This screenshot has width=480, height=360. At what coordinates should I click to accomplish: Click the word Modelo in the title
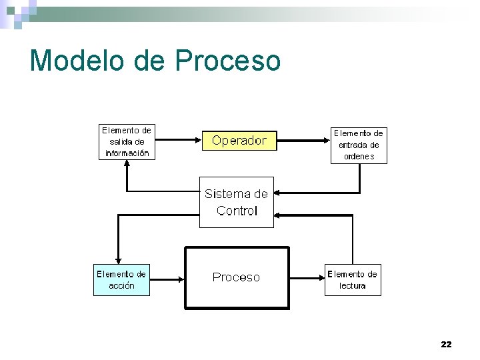click(x=77, y=60)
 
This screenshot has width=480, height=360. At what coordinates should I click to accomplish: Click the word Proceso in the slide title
click(x=228, y=60)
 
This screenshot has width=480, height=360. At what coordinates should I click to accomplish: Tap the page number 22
click(x=446, y=344)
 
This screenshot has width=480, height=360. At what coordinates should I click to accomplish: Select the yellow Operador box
click(x=239, y=141)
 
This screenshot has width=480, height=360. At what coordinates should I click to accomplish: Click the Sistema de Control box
click(x=237, y=202)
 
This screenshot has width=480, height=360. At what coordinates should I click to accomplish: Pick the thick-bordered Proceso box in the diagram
click(x=237, y=277)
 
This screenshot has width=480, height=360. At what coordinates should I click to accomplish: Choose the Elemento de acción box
click(x=121, y=280)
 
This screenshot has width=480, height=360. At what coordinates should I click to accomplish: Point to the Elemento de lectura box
click(x=352, y=280)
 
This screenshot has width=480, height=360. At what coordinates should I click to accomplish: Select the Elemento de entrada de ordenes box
click(x=359, y=145)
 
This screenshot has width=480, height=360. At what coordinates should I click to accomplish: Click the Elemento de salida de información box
click(x=127, y=141)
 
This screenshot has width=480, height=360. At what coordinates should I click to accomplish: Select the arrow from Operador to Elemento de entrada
click(x=303, y=140)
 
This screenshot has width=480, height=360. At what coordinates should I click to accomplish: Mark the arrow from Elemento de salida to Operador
click(x=177, y=141)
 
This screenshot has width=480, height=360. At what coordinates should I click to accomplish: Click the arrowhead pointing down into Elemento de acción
click(x=118, y=261)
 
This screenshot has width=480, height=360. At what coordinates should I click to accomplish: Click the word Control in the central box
click(x=237, y=211)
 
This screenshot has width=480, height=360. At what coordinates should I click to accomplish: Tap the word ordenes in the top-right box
click(x=359, y=157)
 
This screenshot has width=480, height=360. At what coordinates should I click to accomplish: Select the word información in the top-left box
click(x=127, y=153)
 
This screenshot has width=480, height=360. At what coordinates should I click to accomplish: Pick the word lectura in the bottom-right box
click(x=352, y=286)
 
